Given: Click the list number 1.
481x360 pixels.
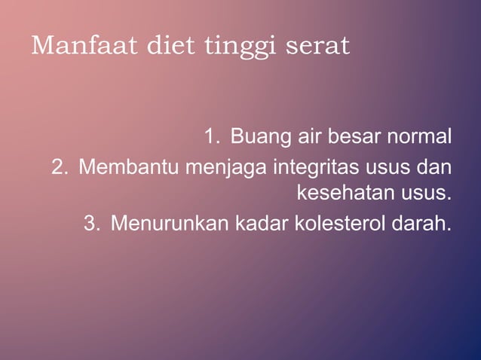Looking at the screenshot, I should tap(210, 138).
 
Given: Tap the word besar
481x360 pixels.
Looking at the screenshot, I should tap(356, 138).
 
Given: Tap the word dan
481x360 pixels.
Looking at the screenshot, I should tap(434, 166).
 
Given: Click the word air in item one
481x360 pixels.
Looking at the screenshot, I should tap(311, 138).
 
